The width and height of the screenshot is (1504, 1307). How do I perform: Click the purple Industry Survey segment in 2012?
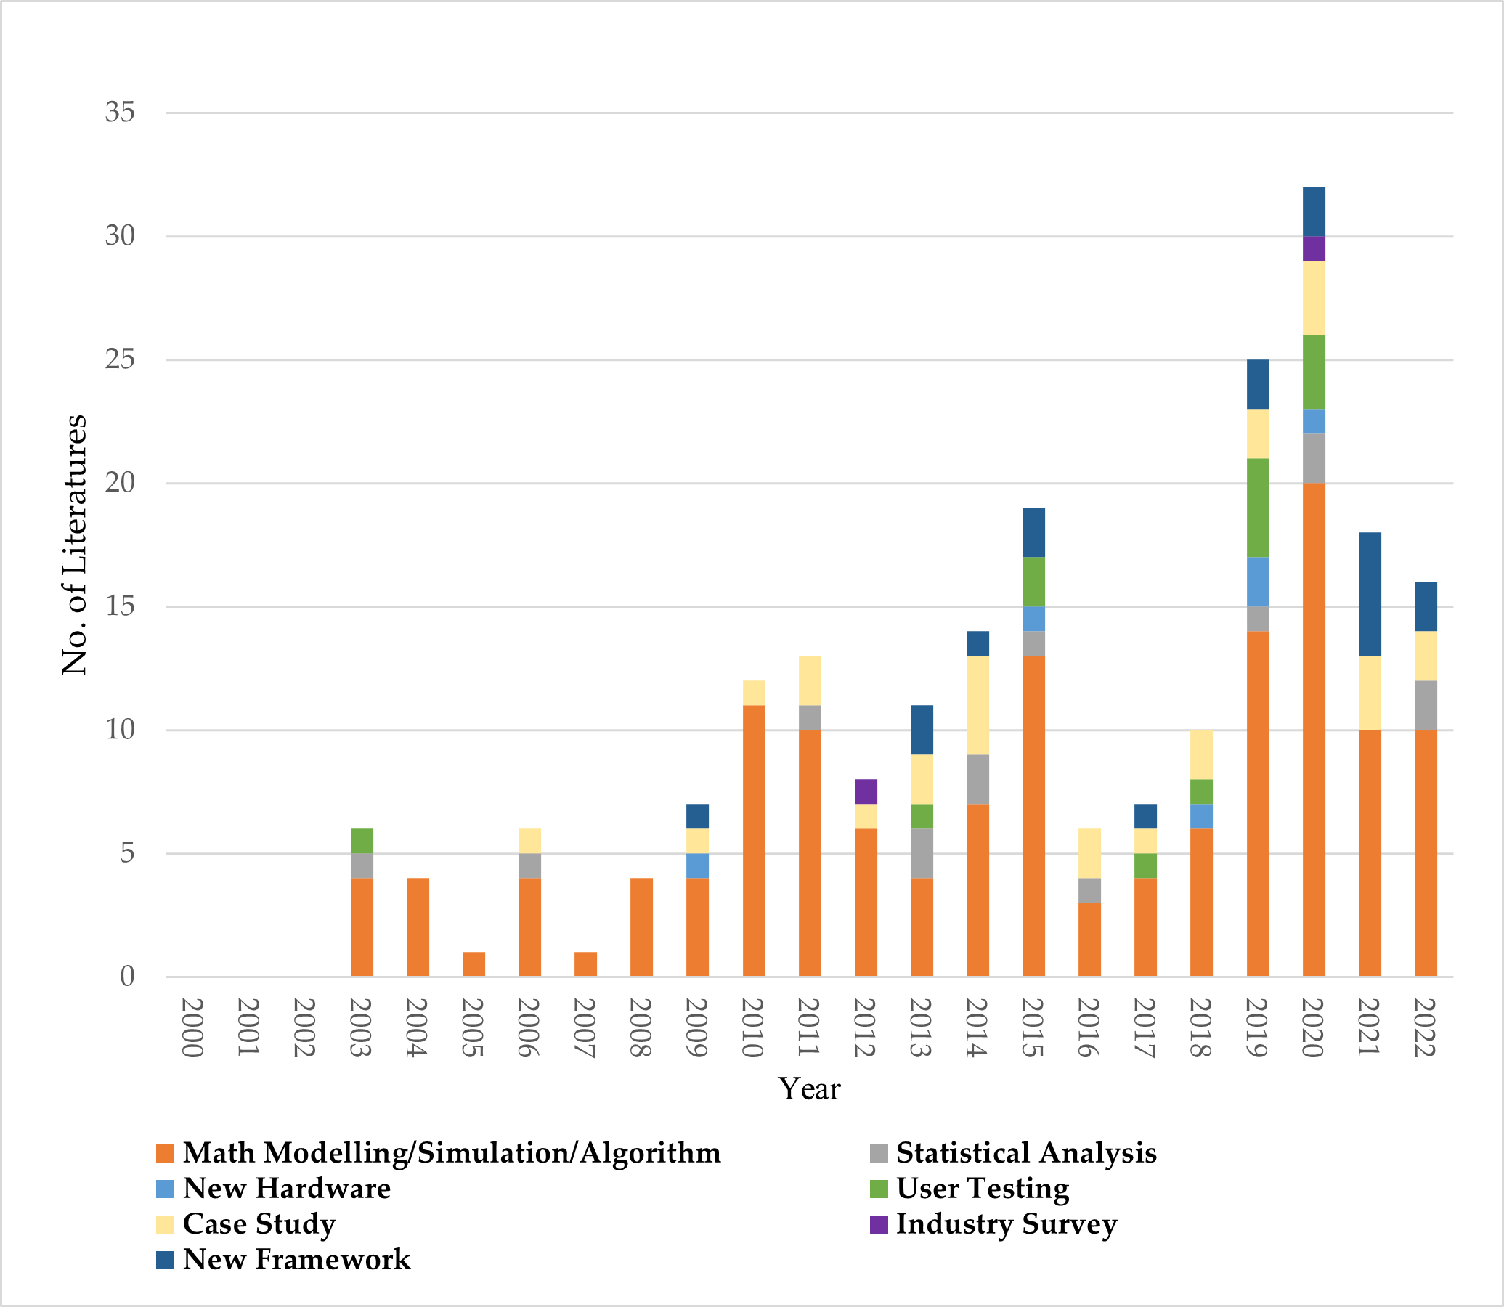pyautogui.click(x=865, y=791)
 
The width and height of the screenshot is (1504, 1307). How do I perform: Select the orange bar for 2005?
pyautogui.click(x=473, y=964)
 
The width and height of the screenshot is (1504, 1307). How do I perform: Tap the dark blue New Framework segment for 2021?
pyautogui.click(x=1369, y=594)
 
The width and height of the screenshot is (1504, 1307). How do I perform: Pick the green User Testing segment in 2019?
pyautogui.click(x=1258, y=508)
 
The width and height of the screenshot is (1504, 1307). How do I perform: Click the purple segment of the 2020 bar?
pyautogui.click(x=1314, y=249)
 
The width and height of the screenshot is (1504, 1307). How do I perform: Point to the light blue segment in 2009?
pyautogui.click(x=697, y=865)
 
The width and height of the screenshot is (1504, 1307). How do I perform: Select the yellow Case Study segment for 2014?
pyautogui.click(x=977, y=704)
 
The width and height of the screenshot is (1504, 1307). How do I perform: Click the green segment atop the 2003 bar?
pyautogui.click(x=362, y=840)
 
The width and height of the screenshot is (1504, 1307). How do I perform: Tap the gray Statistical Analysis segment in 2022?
pyautogui.click(x=1426, y=704)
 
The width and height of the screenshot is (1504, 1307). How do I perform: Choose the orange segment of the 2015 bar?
pyautogui.click(x=1033, y=815)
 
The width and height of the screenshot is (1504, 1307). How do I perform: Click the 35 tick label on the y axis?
pyautogui.click(x=120, y=113)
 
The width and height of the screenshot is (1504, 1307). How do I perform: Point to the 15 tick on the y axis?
pyautogui.click(x=120, y=606)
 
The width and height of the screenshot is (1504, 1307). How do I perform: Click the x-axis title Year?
pyautogui.click(x=809, y=1089)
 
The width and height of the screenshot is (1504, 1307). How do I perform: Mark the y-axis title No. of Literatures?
pyautogui.click(x=74, y=544)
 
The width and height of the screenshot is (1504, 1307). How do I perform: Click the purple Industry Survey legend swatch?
pyautogui.click(x=879, y=1224)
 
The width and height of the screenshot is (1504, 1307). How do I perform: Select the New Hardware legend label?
pyautogui.click(x=287, y=1189)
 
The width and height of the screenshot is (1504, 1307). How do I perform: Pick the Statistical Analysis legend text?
pyautogui.click(x=1026, y=1153)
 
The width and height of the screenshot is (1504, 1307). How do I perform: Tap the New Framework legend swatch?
pyautogui.click(x=166, y=1261)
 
